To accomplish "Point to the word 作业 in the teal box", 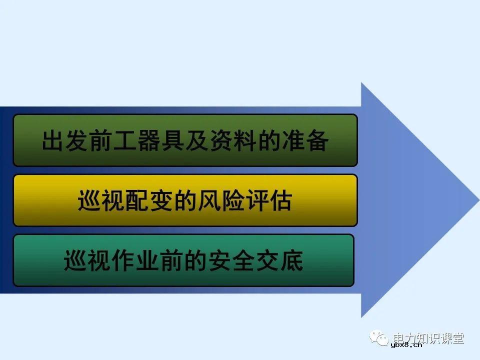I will [x=135, y=261].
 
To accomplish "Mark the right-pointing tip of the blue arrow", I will [x=477, y=199].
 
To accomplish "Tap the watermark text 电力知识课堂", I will [x=428, y=337].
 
